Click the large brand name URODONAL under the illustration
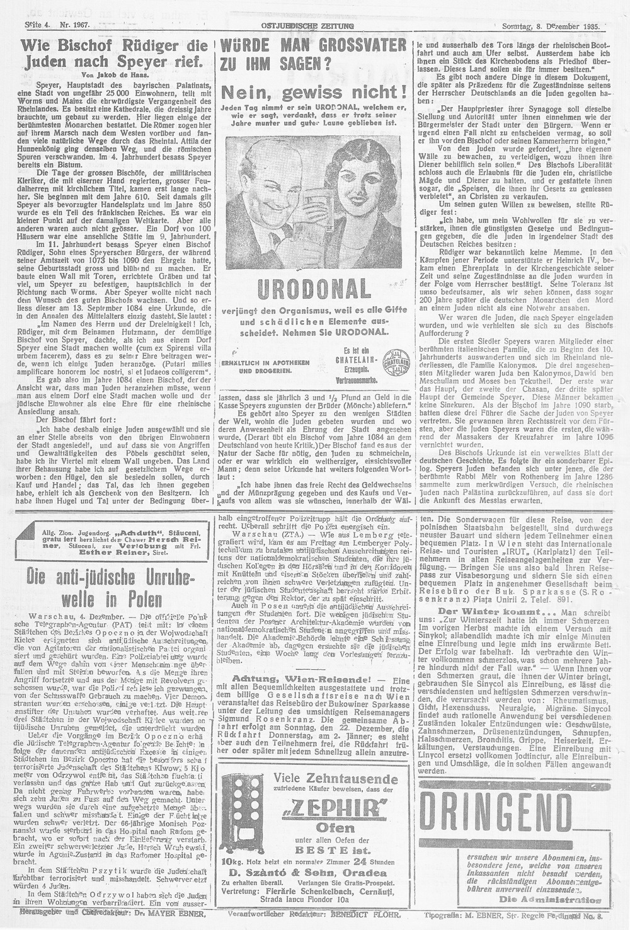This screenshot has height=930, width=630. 314,290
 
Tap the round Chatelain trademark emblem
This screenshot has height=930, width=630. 392,362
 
